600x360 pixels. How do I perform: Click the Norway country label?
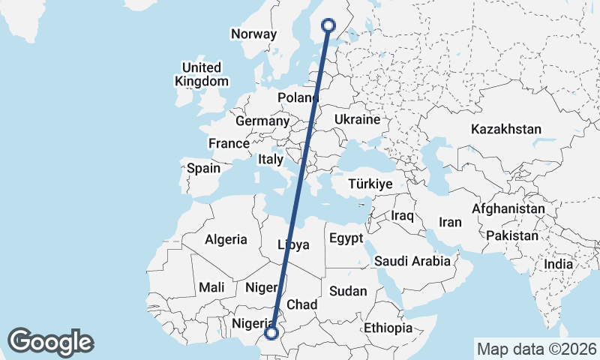pyautogui.click(x=253, y=34)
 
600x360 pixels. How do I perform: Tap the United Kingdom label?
pyautogui.click(x=201, y=74)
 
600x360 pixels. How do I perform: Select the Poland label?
pyautogui.click(x=298, y=98)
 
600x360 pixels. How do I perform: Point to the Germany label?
pyautogui.click(x=262, y=121)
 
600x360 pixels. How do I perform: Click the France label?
pyautogui.click(x=229, y=143)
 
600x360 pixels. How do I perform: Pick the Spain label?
pyautogui.click(x=203, y=168)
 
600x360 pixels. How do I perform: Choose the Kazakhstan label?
pyautogui.click(x=505, y=129)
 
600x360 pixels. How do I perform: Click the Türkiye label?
pyautogui.click(x=370, y=184)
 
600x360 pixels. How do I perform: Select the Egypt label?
pyautogui.click(x=345, y=238)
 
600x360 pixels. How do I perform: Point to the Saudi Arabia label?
pyautogui.click(x=412, y=261)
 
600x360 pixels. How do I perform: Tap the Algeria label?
pyautogui.click(x=226, y=239)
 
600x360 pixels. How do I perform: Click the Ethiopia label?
pyautogui.click(x=388, y=328)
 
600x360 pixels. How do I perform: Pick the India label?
pyautogui.click(x=558, y=264)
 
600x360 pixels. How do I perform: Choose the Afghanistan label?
pyautogui.click(x=508, y=208)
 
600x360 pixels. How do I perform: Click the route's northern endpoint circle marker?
pyautogui.click(x=328, y=25)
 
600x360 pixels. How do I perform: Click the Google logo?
pyautogui.click(x=51, y=342)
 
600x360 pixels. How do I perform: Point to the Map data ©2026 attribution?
pyautogui.click(x=536, y=349)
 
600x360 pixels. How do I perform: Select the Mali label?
pyautogui.click(x=211, y=286)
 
